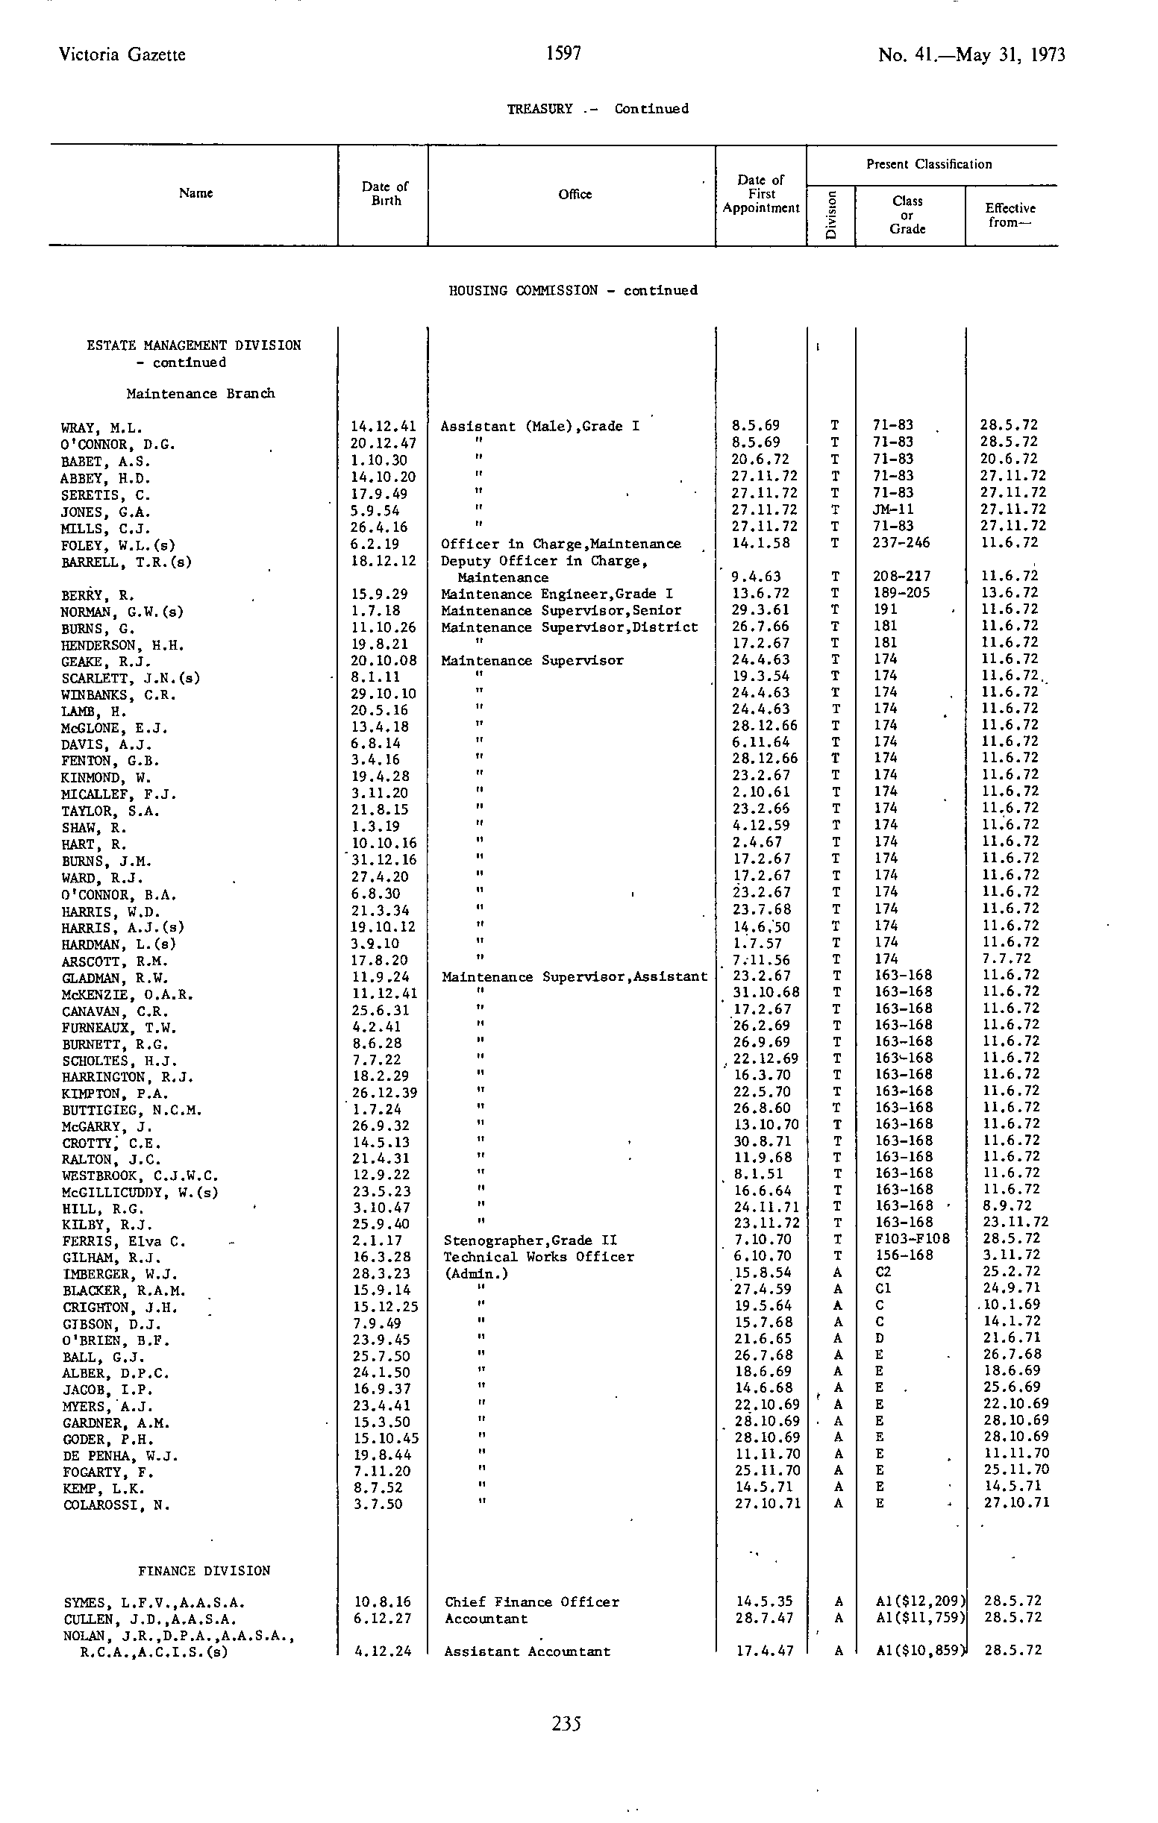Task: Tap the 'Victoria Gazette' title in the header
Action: pos(122,54)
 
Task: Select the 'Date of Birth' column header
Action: pos(385,193)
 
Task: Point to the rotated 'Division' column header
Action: pos(831,215)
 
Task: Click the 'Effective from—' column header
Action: pos(1010,215)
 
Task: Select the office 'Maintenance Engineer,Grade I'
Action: pos(557,594)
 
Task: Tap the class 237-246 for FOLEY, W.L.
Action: pos(901,543)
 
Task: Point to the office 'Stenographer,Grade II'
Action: pos(531,1240)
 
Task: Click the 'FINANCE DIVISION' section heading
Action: pos(204,1571)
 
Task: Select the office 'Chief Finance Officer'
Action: pos(532,1602)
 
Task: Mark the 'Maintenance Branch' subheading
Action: pos(201,394)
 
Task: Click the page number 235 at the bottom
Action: pos(566,1724)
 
